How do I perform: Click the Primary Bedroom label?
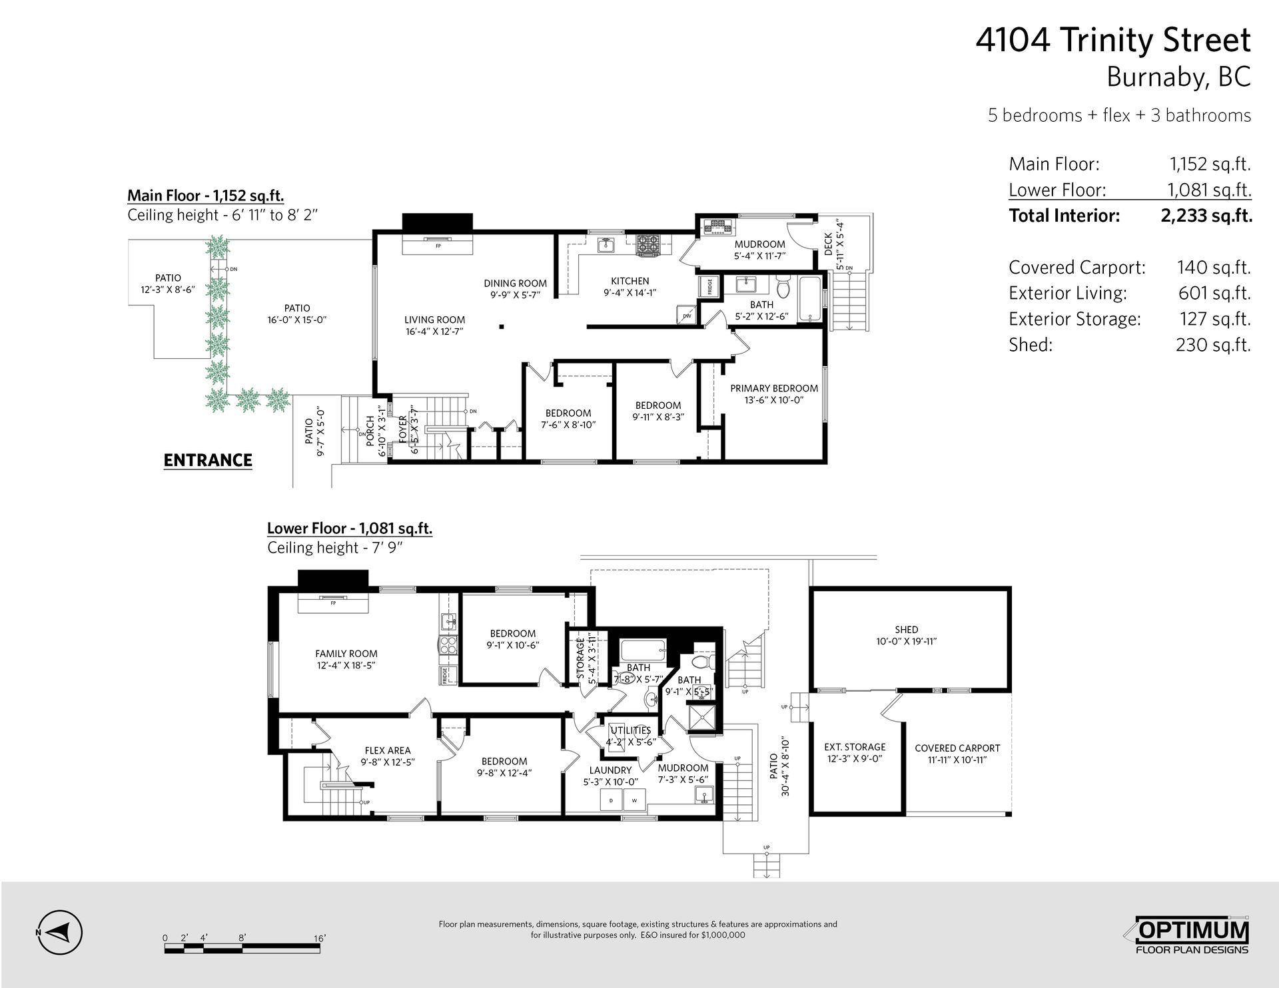[x=774, y=388]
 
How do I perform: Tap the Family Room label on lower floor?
[x=346, y=654]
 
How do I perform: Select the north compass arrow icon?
[x=60, y=932]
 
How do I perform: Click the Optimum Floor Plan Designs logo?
[x=1192, y=937]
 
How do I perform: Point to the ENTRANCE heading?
[x=208, y=460]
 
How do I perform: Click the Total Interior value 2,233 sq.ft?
[x=1206, y=216]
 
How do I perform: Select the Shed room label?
[x=907, y=629]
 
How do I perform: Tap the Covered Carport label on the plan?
[x=957, y=748]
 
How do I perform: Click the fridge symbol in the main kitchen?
[x=707, y=287]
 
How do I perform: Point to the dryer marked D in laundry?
[x=610, y=800]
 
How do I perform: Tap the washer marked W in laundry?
[x=634, y=800]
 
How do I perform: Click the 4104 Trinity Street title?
[x=1113, y=40]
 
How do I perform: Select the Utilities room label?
[x=631, y=730]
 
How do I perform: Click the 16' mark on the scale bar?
[x=320, y=939]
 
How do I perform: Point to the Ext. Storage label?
[x=855, y=747]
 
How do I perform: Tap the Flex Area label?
[x=388, y=750]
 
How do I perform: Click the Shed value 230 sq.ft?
[x=1213, y=345]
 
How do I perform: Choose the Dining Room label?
[x=515, y=283]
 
